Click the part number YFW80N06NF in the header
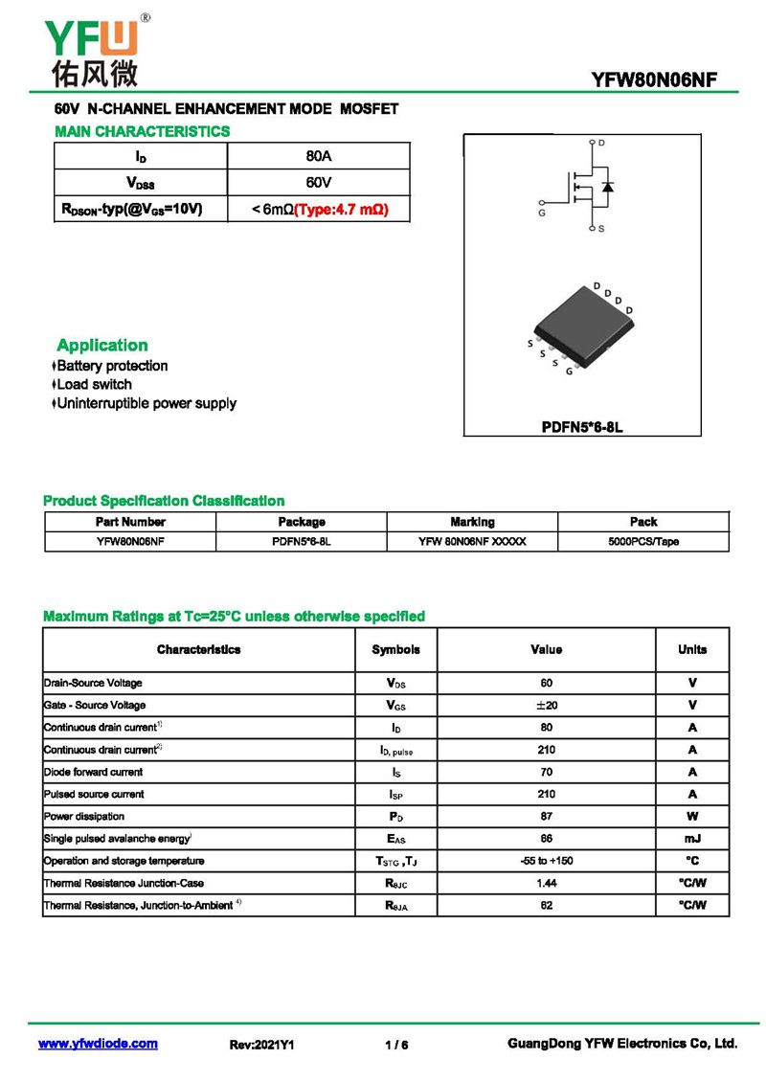[x=654, y=79]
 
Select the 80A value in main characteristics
[x=318, y=156]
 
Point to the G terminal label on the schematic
[x=542, y=214]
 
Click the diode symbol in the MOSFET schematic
[x=607, y=186]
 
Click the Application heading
[x=102, y=346]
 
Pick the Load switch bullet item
[x=94, y=384]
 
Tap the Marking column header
[x=472, y=522]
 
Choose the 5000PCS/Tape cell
[x=643, y=541]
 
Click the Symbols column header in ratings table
[x=395, y=649]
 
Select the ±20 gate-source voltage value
[x=546, y=705]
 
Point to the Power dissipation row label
[x=84, y=817]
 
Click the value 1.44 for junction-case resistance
[x=546, y=883]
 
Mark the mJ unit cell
[x=692, y=839]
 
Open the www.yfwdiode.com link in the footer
[x=98, y=1044]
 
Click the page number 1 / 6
[x=396, y=1045]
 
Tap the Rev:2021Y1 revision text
[x=261, y=1045]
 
